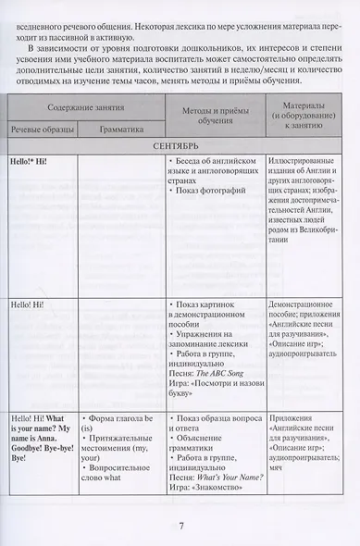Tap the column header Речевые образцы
[x=42, y=130]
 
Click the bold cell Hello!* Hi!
[x=29, y=160]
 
